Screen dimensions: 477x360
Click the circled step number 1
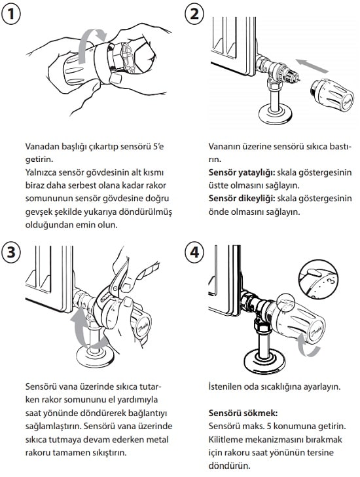pyautogui.click(x=13, y=14)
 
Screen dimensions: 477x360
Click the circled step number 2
pyautogui.click(x=194, y=14)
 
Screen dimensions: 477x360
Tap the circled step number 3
pyautogui.click(x=13, y=251)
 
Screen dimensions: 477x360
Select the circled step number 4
pyautogui.click(x=194, y=251)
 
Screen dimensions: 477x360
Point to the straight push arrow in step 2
pyautogui.click(x=307, y=64)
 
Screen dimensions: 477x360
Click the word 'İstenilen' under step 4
pyautogui.click(x=226, y=387)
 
